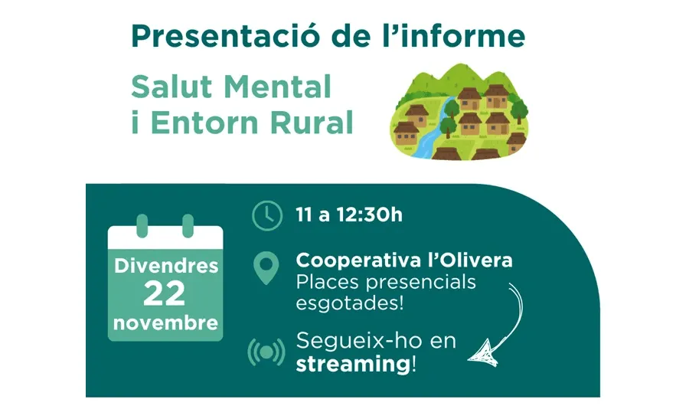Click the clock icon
[266, 215]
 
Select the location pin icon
[266, 269]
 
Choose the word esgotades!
[349, 303]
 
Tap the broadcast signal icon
[266, 352]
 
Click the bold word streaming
[353, 363]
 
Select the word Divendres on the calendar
[165, 267]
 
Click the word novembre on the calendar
[165, 323]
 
